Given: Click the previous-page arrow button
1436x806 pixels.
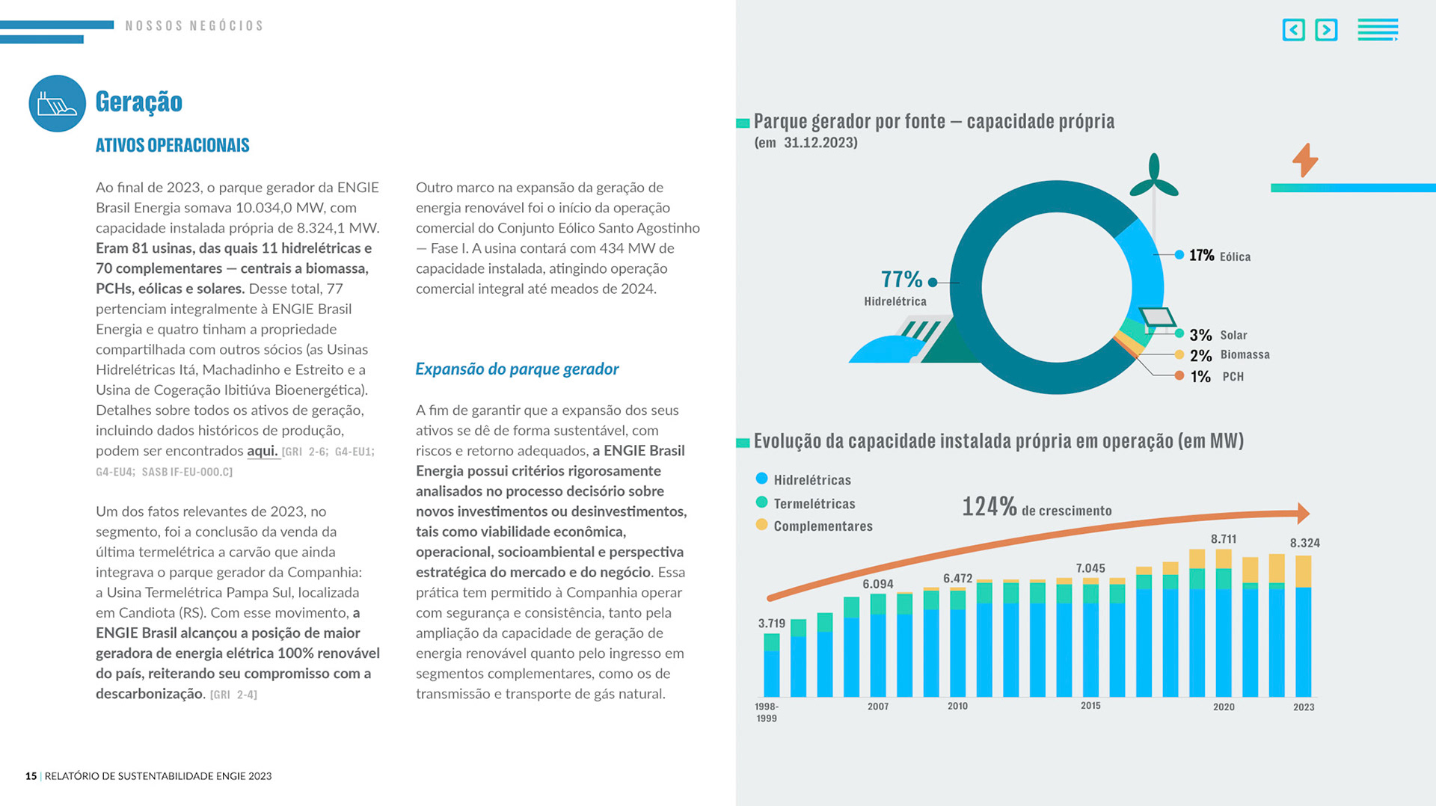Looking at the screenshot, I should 1293,30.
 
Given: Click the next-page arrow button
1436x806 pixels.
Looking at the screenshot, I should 1326,30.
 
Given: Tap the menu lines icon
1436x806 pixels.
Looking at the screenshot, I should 1378,30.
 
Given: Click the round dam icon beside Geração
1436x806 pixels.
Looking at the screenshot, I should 58,104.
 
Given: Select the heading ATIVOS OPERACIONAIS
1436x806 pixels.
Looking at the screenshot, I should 172,145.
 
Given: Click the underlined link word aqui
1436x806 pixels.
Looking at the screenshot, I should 262,451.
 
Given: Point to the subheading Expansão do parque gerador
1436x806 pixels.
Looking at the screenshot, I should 517,369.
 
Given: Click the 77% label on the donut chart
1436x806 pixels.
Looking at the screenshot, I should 901,280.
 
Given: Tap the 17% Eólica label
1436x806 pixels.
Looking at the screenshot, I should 1219,256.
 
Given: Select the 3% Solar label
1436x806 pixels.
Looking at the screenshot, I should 1218,335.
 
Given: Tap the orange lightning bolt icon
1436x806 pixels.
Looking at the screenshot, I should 1305,160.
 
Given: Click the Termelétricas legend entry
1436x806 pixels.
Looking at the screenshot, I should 814,504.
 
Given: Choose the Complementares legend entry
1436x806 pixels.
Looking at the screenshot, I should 823,526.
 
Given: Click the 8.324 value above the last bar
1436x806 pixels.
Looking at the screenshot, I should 1304,544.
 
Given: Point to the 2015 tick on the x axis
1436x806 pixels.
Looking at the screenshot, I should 1090,706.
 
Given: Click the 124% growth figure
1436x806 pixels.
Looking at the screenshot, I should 989,507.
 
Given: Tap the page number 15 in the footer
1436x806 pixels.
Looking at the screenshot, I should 31,776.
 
